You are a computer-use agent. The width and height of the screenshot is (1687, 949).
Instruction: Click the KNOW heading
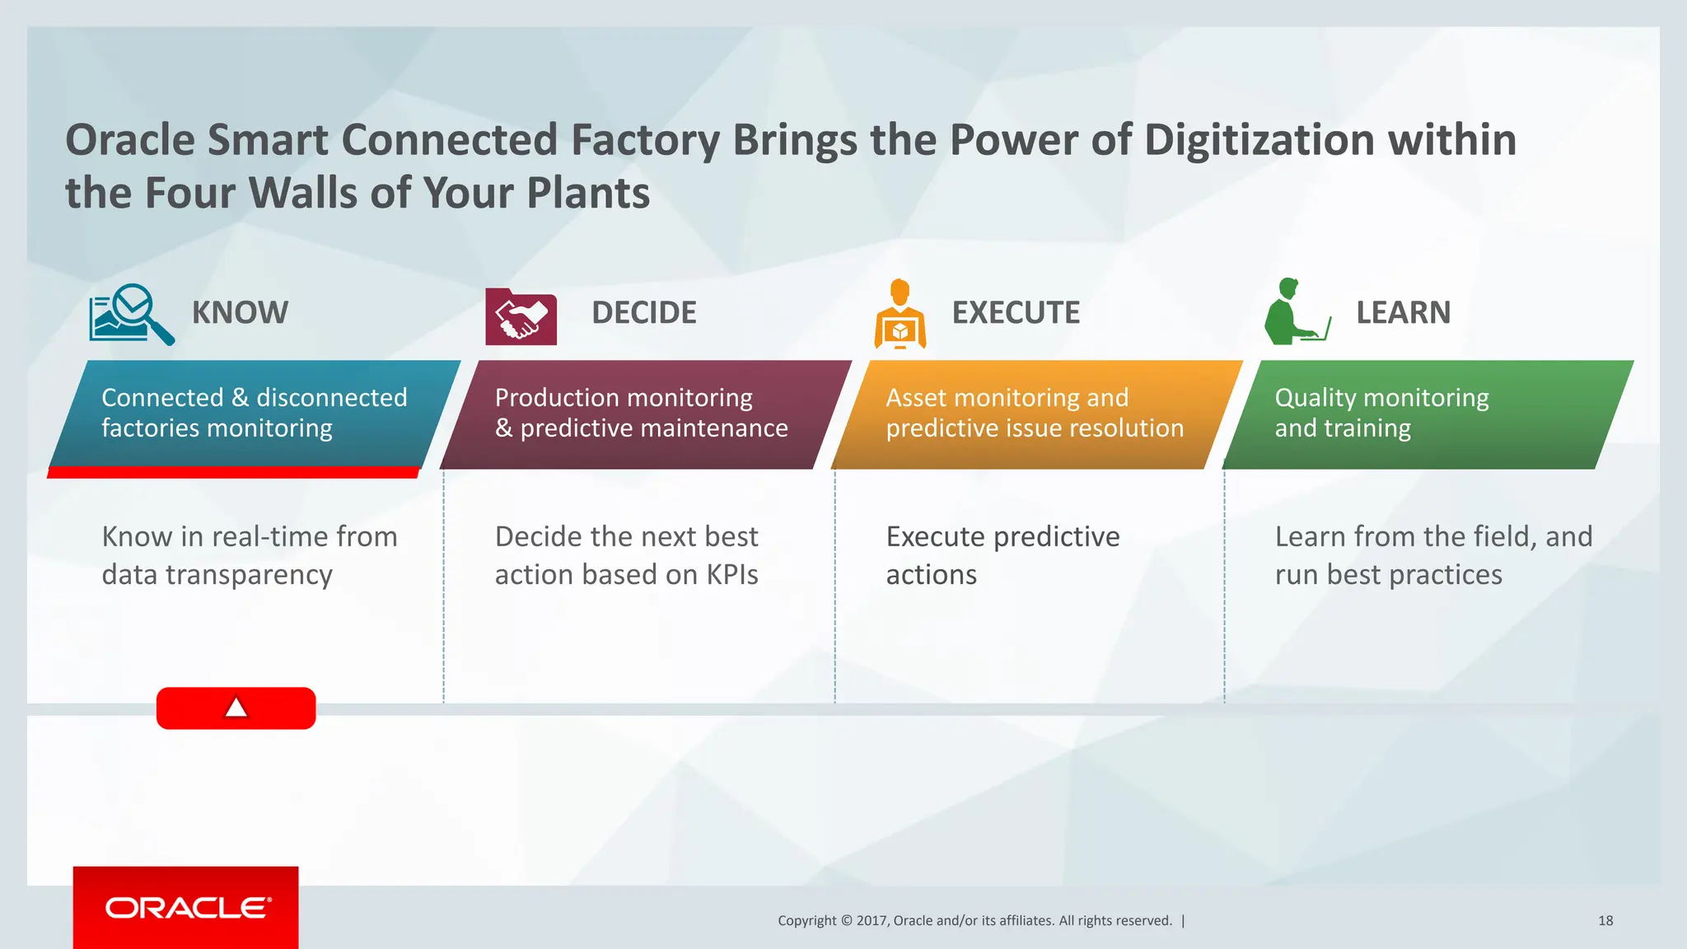(x=240, y=313)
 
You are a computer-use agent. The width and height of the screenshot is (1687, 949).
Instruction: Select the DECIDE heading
(x=643, y=313)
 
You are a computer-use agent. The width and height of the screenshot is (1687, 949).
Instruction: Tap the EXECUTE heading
(x=1016, y=313)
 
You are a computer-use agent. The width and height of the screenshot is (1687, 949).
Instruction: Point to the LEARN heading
(x=1403, y=313)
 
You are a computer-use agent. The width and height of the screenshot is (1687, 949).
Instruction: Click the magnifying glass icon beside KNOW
(x=132, y=314)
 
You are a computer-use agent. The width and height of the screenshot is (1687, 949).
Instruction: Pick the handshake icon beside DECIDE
(x=521, y=317)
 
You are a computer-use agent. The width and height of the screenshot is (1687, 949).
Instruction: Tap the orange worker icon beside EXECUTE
(x=900, y=314)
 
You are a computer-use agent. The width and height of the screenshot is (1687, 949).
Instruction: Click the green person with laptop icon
(x=1296, y=312)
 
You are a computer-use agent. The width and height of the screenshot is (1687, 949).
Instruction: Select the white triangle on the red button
(x=236, y=708)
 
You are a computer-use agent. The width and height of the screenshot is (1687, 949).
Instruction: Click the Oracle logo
(x=187, y=908)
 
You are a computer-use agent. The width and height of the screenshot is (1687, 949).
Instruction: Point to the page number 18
(x=1605, y=921)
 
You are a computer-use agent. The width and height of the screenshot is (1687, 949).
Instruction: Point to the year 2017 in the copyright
(x=872, y=921)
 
